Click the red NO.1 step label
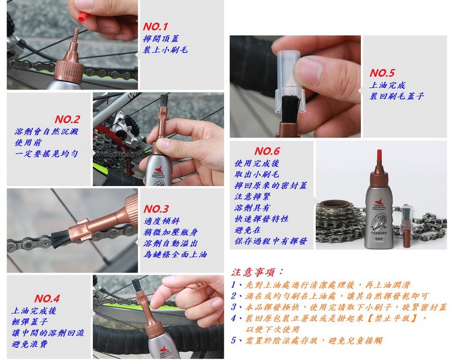[155, 27]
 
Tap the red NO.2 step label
[67, 119]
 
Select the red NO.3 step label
[156, 209]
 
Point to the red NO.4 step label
[47, 298]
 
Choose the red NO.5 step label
[382, 73]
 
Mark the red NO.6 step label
[267, 151]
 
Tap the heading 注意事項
[257, 272]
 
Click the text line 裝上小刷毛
[165, 50]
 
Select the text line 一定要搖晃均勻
[46, 154]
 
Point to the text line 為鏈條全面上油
[175, 254]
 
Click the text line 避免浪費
[29, 344]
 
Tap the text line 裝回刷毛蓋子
[396, 96]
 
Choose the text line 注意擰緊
[252, 197]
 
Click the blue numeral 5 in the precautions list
[234, 340]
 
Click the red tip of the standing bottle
[379, 157]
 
